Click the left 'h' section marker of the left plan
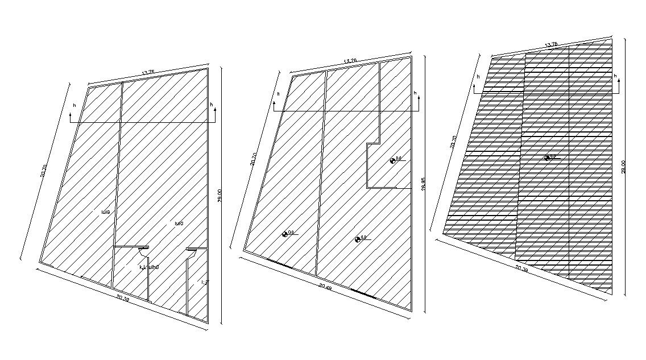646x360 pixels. pyautogui.click(x=72, y=114)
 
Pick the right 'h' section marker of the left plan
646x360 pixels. pyautogui.click(x=214, y=113)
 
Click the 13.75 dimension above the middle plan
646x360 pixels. pyautogui.click(x=350, y=61)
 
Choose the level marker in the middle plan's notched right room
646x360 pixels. pyautogui.click(x=393, y=160)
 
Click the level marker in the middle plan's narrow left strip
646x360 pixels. pyautogui.click(x=285, y=233)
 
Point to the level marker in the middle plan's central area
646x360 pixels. pyautogui.click(x=358, y=239)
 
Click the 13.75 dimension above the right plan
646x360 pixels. pyautogui.click(x=550, y=45)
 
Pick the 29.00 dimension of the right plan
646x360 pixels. pyautogui.click(x=624, y=167)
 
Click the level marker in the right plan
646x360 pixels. pyautogui.click(x=547, y=158)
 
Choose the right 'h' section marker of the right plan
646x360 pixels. pyautogui.click(x=616, y=82)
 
